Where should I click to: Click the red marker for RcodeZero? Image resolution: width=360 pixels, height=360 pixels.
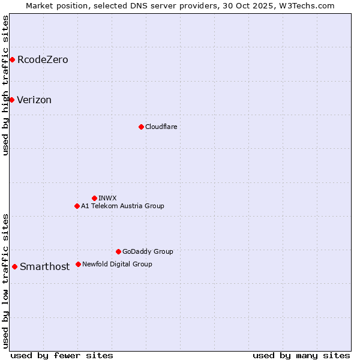[12, 59]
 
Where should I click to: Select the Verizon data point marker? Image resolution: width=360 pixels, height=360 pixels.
[11, 100]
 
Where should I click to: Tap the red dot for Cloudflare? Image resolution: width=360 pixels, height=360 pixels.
[141, 127]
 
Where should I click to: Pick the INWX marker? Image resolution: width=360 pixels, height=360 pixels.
[94, 198]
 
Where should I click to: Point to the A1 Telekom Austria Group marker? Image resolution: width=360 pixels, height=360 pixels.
[77, 206]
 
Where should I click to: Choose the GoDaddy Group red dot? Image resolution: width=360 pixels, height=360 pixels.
[118, 251]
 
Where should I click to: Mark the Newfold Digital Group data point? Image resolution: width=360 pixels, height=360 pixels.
[78, 264]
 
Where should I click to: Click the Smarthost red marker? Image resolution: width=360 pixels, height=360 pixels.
[14, 266]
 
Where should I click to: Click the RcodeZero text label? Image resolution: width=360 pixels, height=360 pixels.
[43, 60]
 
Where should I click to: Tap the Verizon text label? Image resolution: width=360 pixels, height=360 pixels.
[34, 100]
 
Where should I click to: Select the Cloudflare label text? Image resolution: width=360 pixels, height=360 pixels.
[161, 127]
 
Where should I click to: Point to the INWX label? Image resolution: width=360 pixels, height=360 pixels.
[107, 198]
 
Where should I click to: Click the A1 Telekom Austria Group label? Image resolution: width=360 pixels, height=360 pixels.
[122, 206]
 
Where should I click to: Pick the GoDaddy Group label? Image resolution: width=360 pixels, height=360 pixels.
[148, 251]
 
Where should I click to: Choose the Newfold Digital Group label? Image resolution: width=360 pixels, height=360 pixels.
[117, 264]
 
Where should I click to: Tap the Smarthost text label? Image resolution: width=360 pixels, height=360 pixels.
[44, 267]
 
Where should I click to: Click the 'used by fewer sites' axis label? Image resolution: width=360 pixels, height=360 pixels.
[62, 356]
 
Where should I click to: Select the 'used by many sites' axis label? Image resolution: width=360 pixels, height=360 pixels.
[301, 356]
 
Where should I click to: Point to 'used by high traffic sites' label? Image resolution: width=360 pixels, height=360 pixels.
[6, 85]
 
